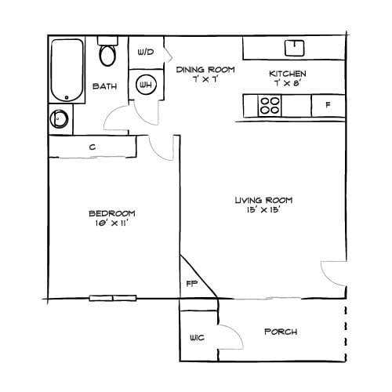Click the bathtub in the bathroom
pyautogui.click(x=67, y=70)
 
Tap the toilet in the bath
pyautogui.click(x=107, y=54)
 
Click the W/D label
pyautogui.click(x=146, y=53)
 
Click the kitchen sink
pyautogui.click(x=294, y=47)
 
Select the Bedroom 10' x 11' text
pyautogui.click(x=111, y=218)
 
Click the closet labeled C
pyautogui.click(x=92, y=146)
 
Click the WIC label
pyautogui.click(x=196, y=339)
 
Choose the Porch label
pyautogui.click(x=280, y=332)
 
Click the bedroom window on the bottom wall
pyautogui.click(x=112, y=298)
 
